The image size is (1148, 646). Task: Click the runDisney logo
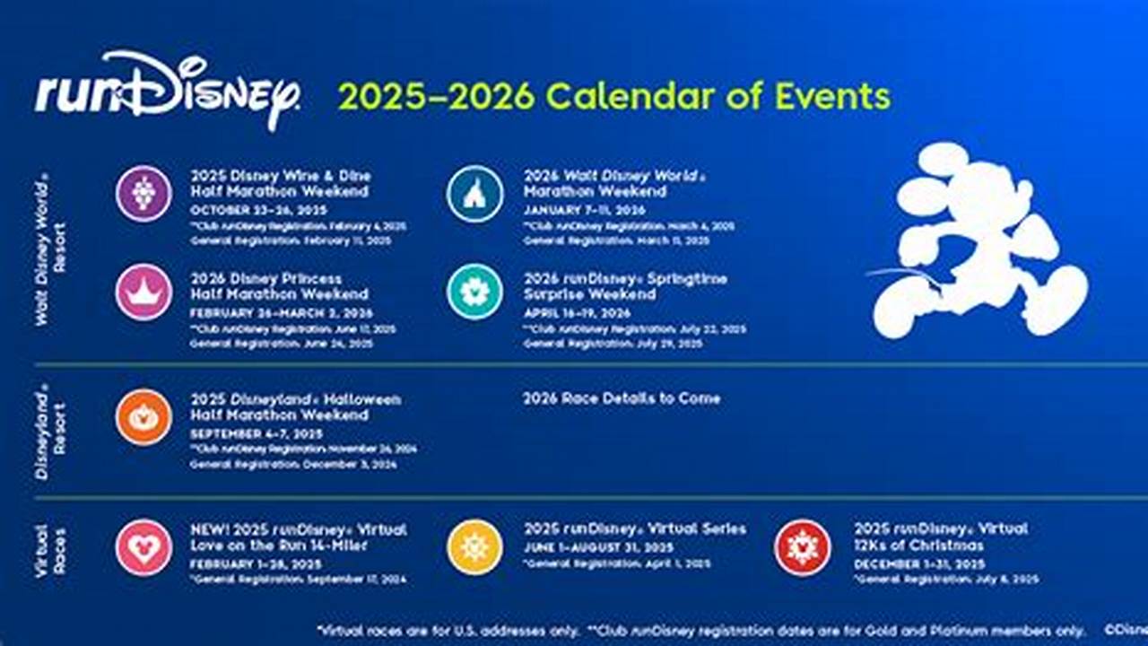[167, 92]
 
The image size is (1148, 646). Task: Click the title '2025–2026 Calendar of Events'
[614, 97]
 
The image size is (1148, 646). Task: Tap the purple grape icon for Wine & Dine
[143, 194]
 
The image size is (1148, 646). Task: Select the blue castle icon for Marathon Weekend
[475, 194]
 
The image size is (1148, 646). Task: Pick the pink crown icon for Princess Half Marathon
[143, 292]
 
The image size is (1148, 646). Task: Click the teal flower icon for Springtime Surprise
[475, 292]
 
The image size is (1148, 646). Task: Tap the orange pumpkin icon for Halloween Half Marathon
[143, 417]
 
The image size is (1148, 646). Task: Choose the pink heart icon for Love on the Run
[143, 547]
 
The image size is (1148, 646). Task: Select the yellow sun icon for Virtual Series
[475, 547]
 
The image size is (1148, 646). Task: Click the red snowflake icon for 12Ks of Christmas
[803, 547]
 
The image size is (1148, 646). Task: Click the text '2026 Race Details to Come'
[622, 398]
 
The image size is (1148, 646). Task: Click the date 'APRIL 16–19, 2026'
[577, 314]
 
